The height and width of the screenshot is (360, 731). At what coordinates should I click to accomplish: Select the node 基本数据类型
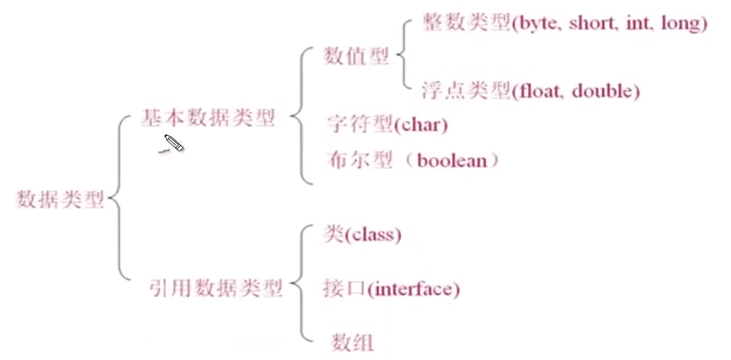click(208, 119)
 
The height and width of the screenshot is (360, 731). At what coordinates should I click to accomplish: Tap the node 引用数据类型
click(215, 288)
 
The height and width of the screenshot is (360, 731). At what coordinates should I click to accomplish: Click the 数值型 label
click(356, 57)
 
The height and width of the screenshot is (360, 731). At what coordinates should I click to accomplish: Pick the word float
click(539, 91)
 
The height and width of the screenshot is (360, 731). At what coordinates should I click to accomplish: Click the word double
click(604, 91)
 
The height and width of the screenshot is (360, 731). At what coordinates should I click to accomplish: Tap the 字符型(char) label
click(387, 124)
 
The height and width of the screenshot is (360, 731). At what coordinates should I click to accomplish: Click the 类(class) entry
click(362, 234)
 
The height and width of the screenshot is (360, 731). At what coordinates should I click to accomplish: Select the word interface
click(413, 288)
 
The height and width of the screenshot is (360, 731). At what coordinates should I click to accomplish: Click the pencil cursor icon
click(173, 144)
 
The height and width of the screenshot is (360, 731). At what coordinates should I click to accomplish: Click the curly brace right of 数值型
click(401, 57)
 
